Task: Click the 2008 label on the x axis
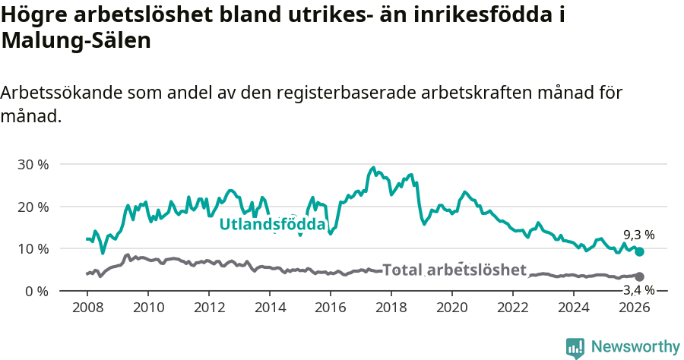[x=87, y=308]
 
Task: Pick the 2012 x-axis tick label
[x=209, y=308]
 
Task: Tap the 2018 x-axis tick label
[x=391, y=308]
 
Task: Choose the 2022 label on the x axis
[x=513, y=308]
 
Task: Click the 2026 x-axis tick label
[x=635, y=308]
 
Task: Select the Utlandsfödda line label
[x=272, y=225]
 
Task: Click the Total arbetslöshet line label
[x=454, y=270]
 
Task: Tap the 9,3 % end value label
[x=638, y=235]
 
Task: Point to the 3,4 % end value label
[x=638, y=290]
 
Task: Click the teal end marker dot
[x=639, y=251]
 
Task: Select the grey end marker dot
[x=639, y=276]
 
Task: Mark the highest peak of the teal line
[x=372, y=168]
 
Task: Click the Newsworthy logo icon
[x=575, y=347]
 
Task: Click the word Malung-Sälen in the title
[x=76, y=41]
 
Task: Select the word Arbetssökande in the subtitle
[x=62, y=93]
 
